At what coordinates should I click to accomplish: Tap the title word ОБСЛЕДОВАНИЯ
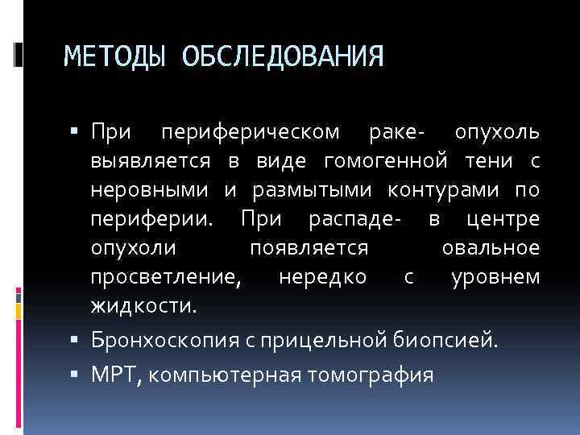coord(282,56)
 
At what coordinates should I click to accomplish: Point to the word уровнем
coord(495,278)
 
